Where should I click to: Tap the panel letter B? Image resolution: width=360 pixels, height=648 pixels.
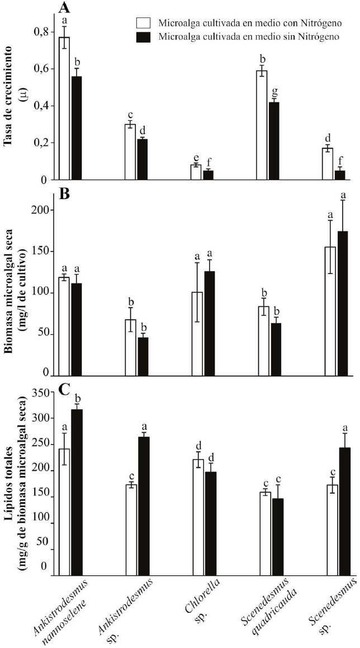[x=65, y=194]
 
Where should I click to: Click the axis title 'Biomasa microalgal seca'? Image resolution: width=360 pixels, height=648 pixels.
[x=8, y=280]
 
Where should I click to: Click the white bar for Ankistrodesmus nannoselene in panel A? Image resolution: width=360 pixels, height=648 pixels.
[x=64, y=108]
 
